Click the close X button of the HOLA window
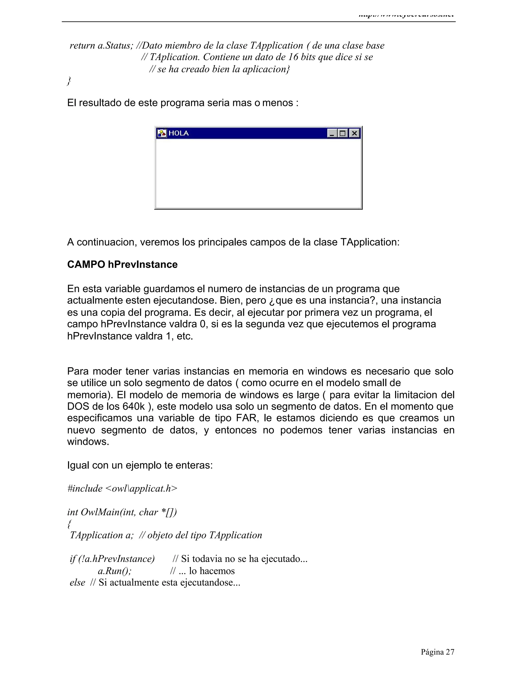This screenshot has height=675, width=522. [x=354, y=133]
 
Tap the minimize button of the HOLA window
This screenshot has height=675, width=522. [x=332, y=133]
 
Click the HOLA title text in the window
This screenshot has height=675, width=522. [x=178, y=133]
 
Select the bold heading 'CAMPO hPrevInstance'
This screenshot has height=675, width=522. [x=122, y=265]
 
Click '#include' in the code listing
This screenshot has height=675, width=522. [x=85, y=488]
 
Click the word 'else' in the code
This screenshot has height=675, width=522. [x=77, y=582]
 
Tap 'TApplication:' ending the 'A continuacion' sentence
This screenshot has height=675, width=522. [x=370, y=242]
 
